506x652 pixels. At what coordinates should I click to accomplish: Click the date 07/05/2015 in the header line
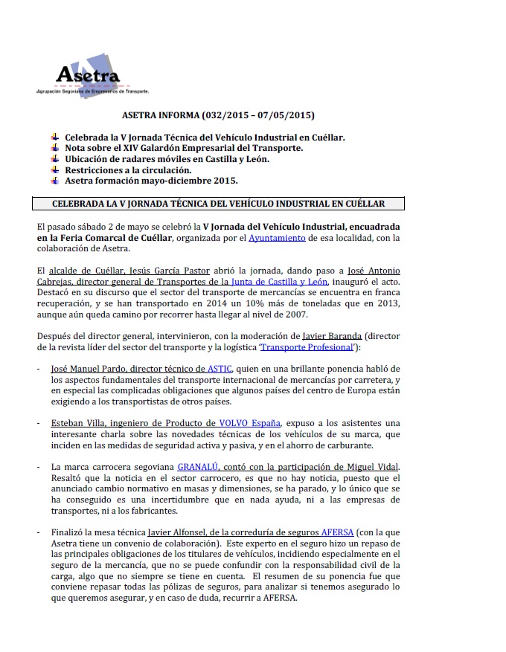[x=287, y=116]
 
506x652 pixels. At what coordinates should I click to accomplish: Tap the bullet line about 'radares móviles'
[x=167, y=159]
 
